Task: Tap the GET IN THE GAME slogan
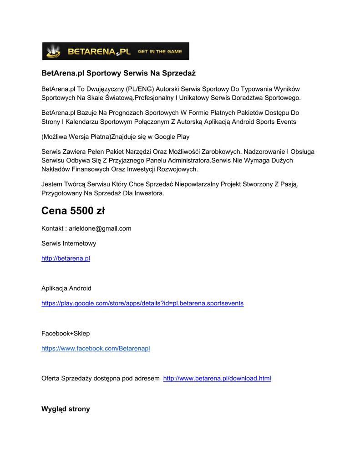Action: (160, 51)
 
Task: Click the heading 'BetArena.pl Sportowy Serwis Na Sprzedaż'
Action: (118, 73)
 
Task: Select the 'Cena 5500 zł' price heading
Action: (73, 211)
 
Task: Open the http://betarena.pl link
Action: (66, 258)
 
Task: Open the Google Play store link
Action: (142, 303)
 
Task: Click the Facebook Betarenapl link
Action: (96, 349)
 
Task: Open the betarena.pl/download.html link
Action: (217, 378)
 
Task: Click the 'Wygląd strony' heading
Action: (66, 409)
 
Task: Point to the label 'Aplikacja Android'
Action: (66, 288)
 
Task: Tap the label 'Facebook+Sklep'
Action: (66, 334)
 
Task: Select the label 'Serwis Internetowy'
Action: (69, 243)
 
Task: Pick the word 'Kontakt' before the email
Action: (52, 228)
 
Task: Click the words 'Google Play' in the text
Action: (172, 137)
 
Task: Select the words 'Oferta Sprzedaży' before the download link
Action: (68, 378)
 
